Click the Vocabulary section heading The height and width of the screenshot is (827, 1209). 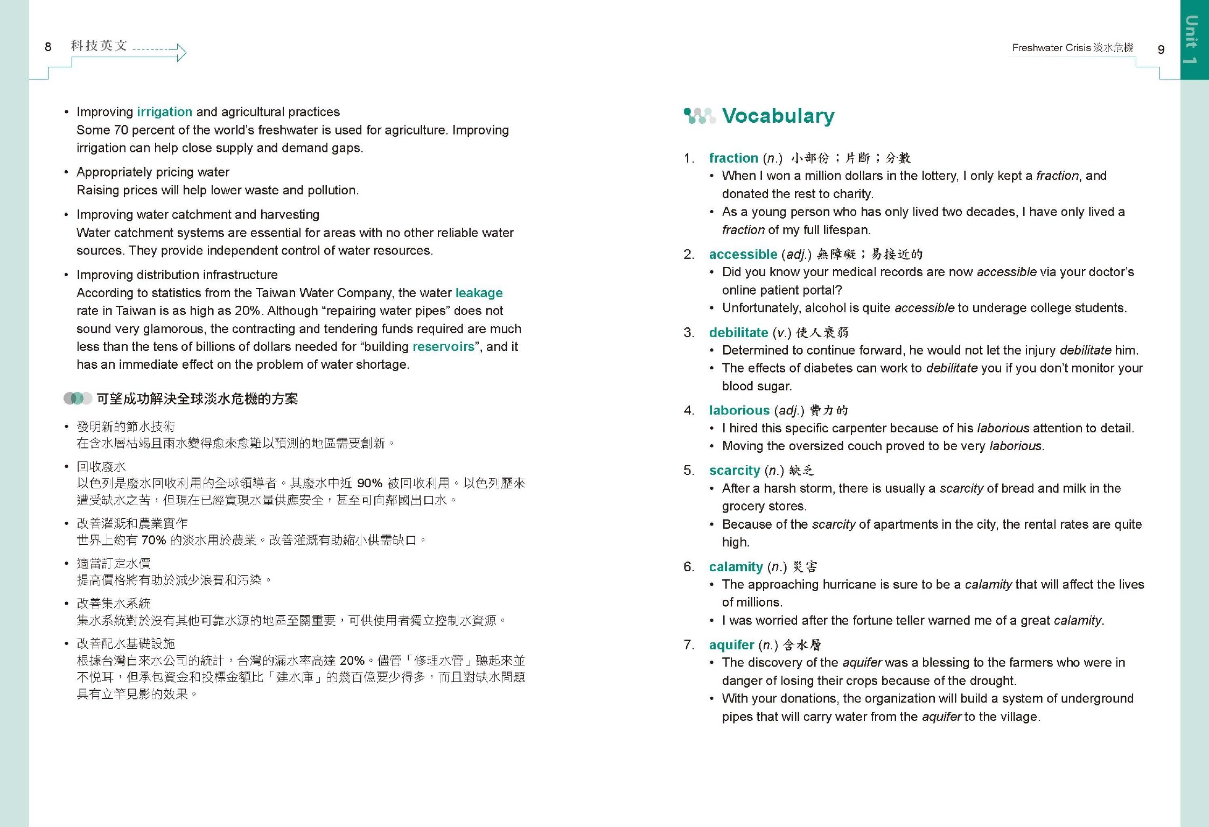pyautogui.click(x=778, y=116)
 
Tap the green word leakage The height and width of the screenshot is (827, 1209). pyautogui.click(x=479, y=293)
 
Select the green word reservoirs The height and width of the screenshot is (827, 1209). pyautogui.click(x=443, y=347)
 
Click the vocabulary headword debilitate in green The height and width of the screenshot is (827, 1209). pyautogui.click(x=738, y=333)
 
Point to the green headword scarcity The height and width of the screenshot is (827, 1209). pyautogui.click(x=734, y=471)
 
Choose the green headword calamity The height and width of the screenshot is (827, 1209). pyautogui.click(x=736, y=567)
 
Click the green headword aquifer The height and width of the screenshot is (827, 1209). pyautogui.click(x=731, y=645)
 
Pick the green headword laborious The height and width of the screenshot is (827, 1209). pyautogui.click(x=739, y=411)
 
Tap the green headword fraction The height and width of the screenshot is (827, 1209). pyautogui.click(x=733, y=158)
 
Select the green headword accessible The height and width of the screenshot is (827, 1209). pyautogui.click(x=743, y=255)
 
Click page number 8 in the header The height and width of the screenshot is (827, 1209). pyautogui.click(x=48, y=47)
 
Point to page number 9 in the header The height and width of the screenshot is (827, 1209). pyautogui.click(x=1161, y=50)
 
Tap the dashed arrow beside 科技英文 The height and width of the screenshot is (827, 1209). pyautogui.click(x=159, y=52)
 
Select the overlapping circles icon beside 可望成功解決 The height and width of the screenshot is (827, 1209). pyautogui.click(x=78, y=398)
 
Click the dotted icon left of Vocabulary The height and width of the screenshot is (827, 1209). pyautogui.click(x=698, y=116)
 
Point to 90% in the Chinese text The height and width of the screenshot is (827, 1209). pyautogui.click(x=369, y=483)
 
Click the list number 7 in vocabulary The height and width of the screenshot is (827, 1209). pyautogui.click(x=689, y=645)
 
